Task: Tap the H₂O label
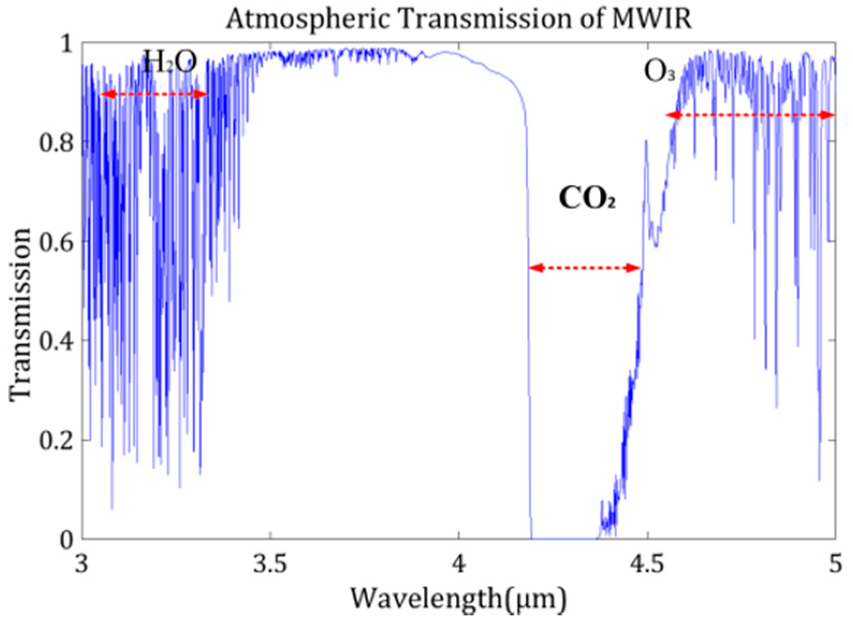coord(170,62)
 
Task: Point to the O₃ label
coord(659,71)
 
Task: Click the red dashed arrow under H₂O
coord(155,95)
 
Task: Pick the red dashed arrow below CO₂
coord(585,267)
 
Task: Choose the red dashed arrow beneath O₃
coord(751,115)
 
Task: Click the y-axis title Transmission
coord(20,314)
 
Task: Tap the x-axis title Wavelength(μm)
coord(458,598)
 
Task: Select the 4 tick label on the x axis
coord(459,564)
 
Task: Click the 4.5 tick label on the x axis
coord(648,564)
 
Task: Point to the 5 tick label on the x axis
coord(834,564)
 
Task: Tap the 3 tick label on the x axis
coord(82,564)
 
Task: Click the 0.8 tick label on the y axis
coord(56,142)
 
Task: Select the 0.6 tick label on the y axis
coord(56,242)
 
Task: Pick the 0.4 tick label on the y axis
coord(56,341)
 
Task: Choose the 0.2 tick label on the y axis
coord(56,440)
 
